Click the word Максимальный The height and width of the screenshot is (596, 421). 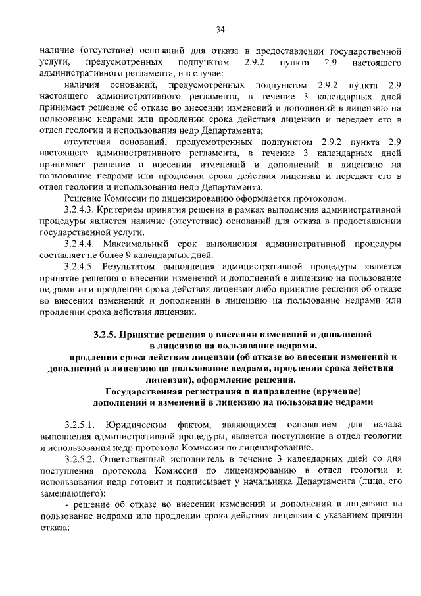136,244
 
